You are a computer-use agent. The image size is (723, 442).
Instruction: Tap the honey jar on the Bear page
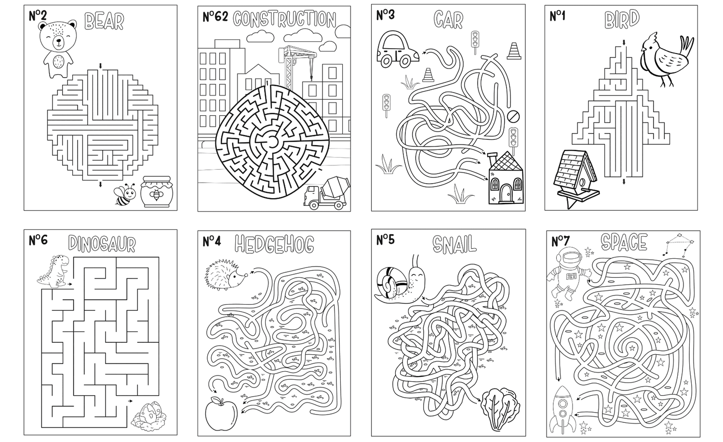pyautogui.click(x=157, y=191)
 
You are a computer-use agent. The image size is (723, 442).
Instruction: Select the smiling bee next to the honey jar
pyautogui.click(x=125, y=194)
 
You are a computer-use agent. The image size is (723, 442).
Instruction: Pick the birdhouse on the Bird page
pyautogui.click(x=576, y=178)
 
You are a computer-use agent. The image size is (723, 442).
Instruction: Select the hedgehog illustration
pyautogui.click(x=226, y=274)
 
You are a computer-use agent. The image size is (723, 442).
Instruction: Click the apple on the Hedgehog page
pyautogui.click(x=221, y=414)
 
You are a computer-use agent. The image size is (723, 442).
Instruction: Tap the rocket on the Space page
pyautogui.click(x=562, y=410)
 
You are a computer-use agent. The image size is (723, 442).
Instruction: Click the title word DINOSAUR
pyautogui.click(x=102, y=244)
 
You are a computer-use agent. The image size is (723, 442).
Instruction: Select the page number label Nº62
pyautogui.click(x=215, y=17)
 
